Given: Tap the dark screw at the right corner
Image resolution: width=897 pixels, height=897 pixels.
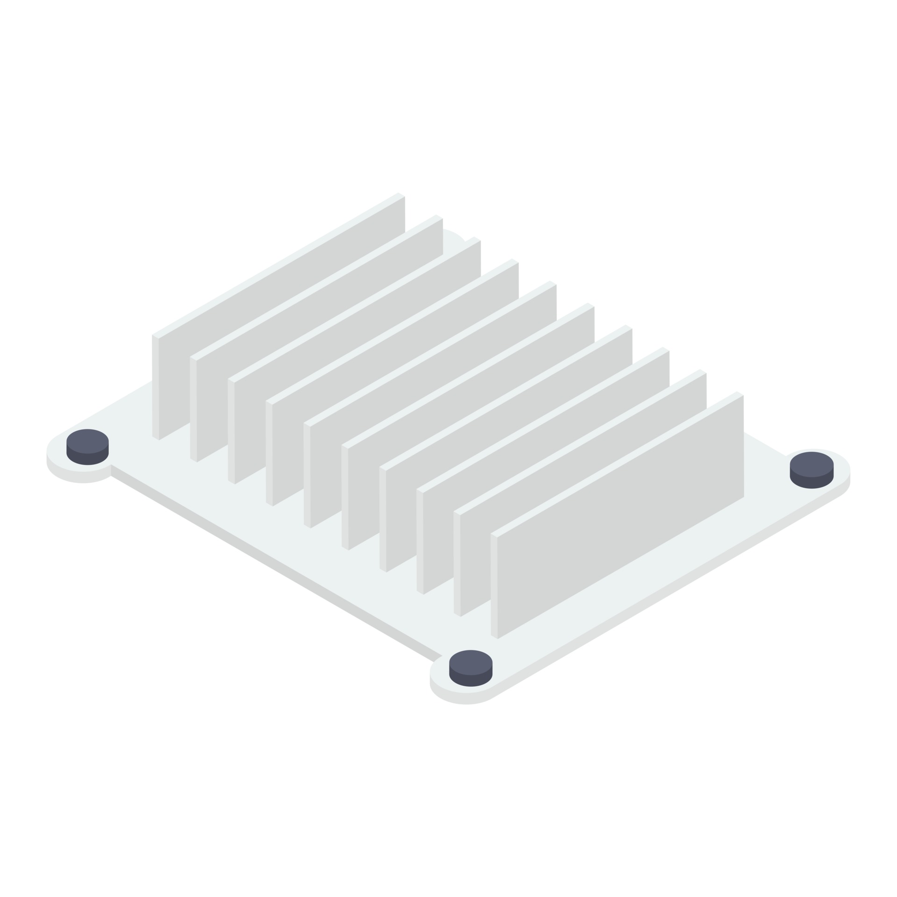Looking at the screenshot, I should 812,470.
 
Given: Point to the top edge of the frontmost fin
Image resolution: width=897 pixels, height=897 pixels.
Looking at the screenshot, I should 617,464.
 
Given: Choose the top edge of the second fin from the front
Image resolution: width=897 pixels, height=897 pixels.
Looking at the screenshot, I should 579,442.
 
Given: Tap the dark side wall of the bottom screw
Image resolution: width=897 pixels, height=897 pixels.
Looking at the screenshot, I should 470,681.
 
